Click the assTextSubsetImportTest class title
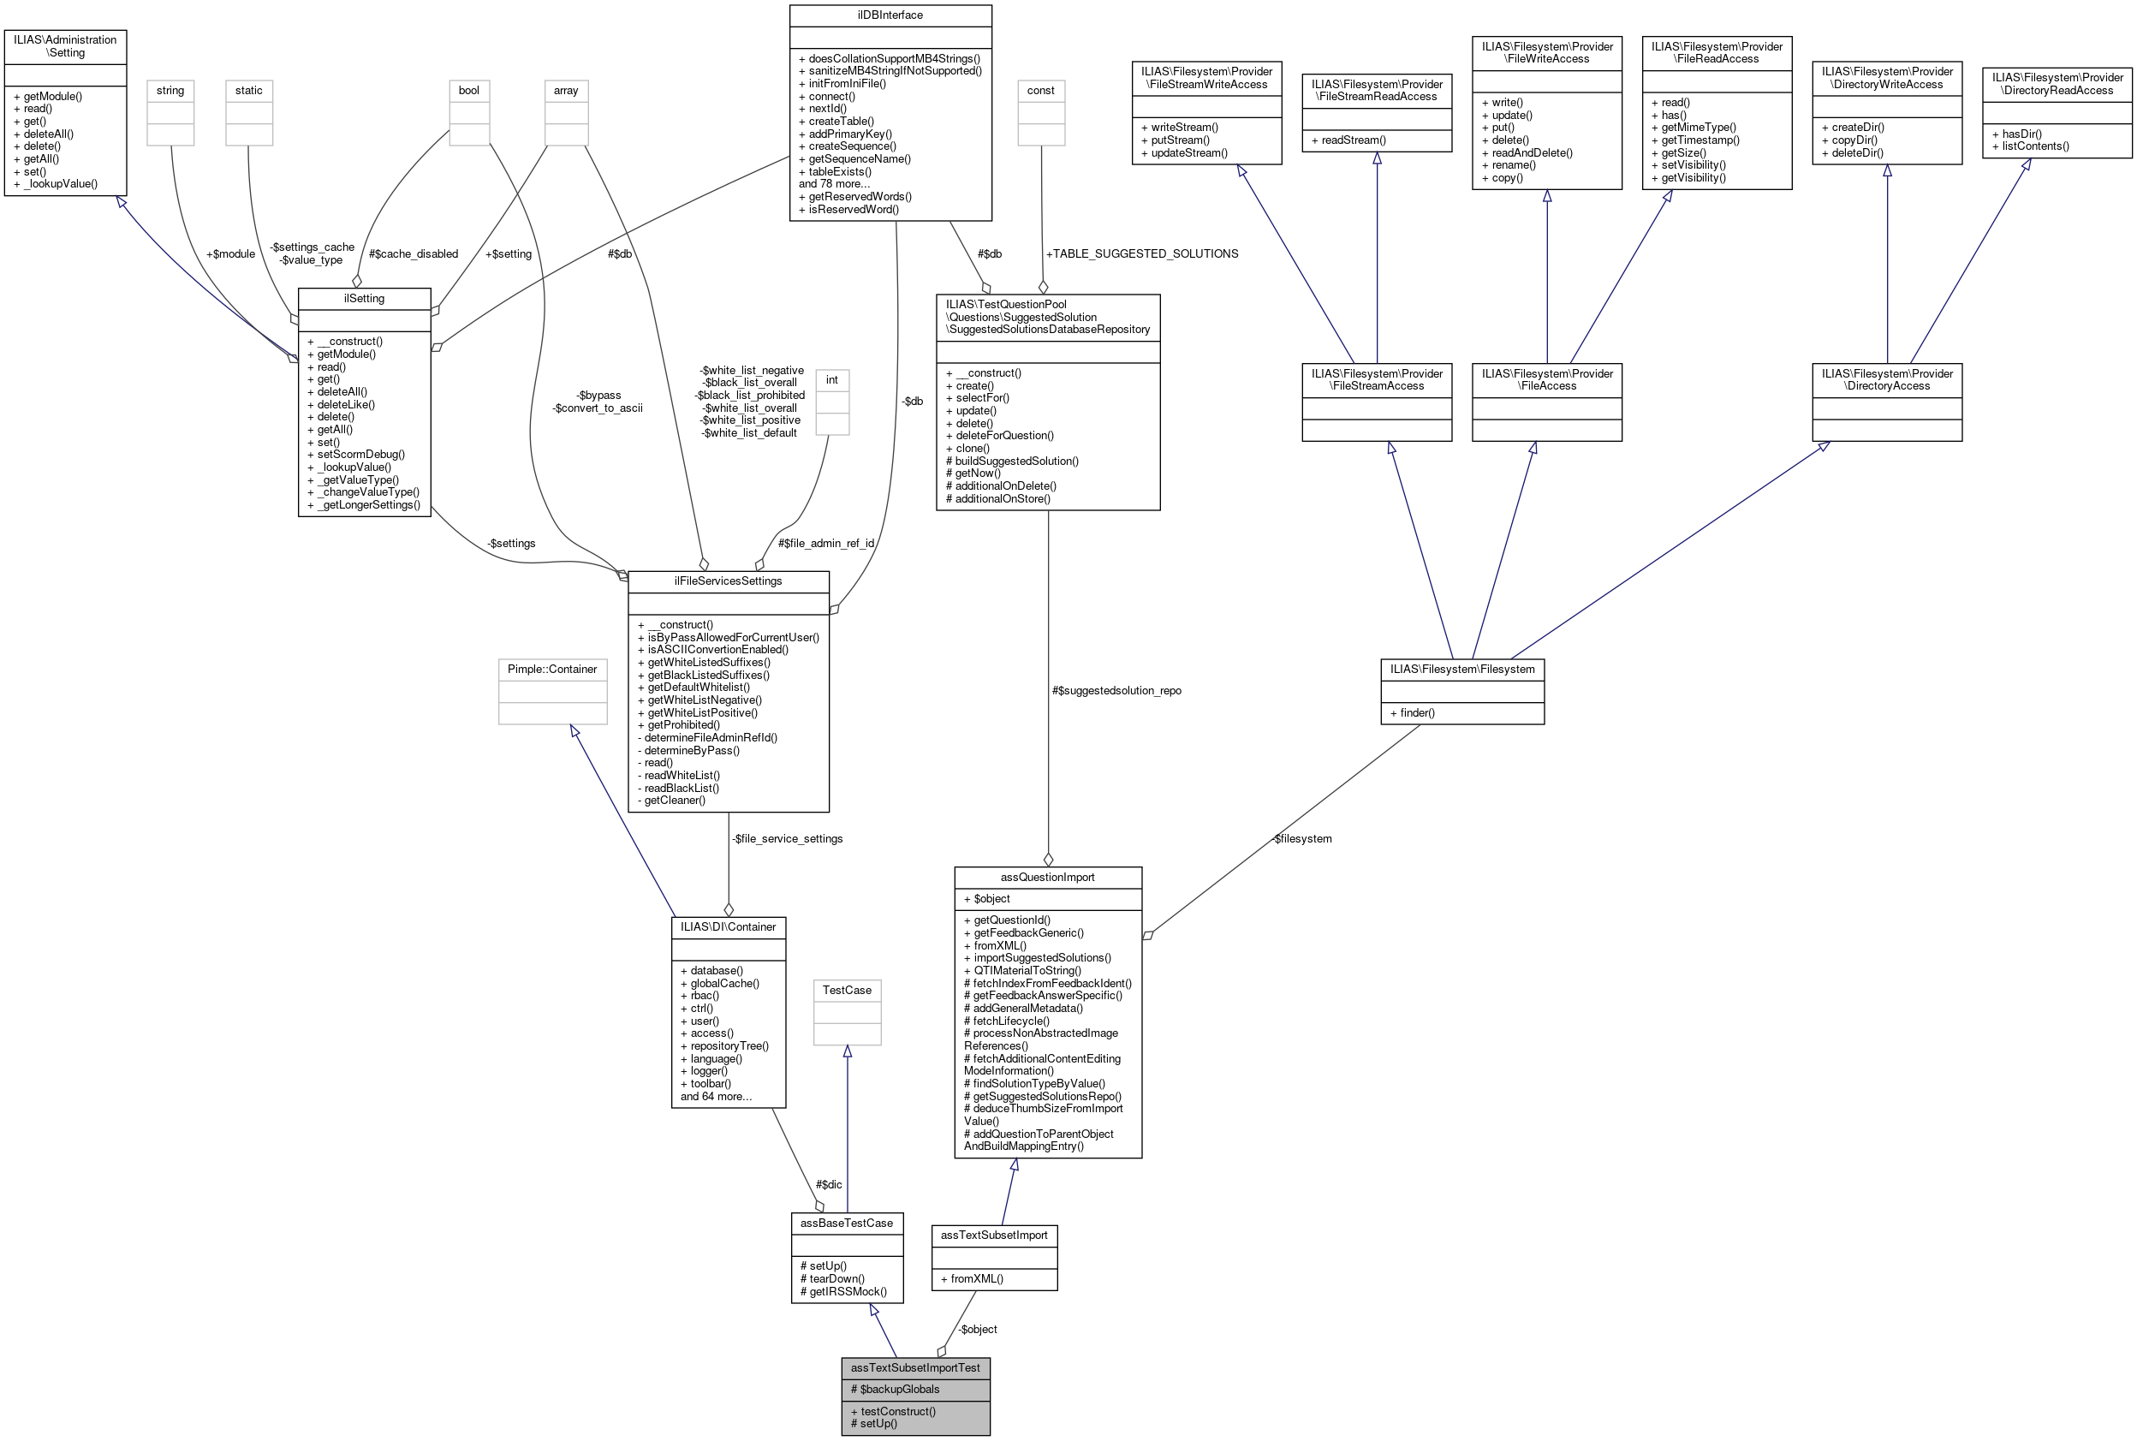[x=914, y=1367]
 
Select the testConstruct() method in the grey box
[x=892, y=1411]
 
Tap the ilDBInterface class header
[x=890, y=15]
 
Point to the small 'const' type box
[x=1040, y=91]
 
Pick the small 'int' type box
[x=831, y=380]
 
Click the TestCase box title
[x=846, y=990]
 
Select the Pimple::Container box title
[x=552, y=669]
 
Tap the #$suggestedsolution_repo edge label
[x=1116, y=691]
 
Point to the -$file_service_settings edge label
[x=787, y=839]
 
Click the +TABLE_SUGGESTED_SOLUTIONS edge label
[x=1142, y=253]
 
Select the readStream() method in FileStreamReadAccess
[x=1353, y=140]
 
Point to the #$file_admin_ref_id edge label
[x=825, y=543]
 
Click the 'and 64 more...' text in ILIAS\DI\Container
[x=716, y=1096]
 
